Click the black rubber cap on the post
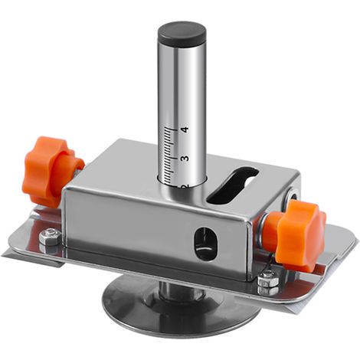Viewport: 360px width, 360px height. tap(182, 34)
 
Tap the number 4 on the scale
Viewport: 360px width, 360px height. tap(185, 129)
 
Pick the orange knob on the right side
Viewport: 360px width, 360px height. tap(297, 235)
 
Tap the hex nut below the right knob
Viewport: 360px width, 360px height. tap(268, 282)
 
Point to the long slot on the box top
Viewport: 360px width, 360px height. tap(232, 185)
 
